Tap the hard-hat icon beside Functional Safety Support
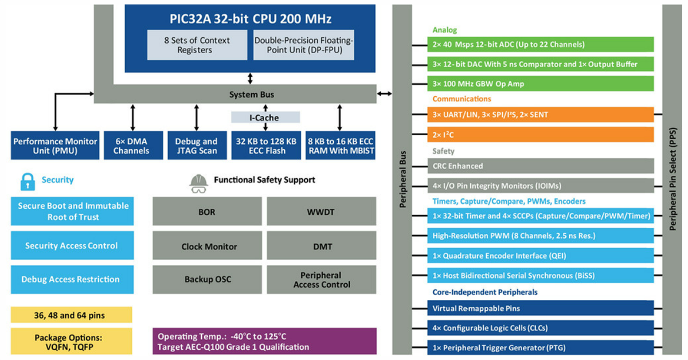click(x=198, y=181)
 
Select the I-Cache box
click(x=265, y=118)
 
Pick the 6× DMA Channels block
click(x=131, y=146)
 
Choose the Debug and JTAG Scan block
click(x=196, y=146)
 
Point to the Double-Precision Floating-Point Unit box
click(x=304, y=45)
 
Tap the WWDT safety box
click(x=322, y=212)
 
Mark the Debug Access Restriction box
click(x=71, y=280)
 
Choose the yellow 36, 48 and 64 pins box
click(x=71, y=315)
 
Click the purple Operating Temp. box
click(x=264, y=341)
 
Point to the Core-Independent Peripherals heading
click(x=484, y=292)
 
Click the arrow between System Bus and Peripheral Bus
click(x=384, y=93)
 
